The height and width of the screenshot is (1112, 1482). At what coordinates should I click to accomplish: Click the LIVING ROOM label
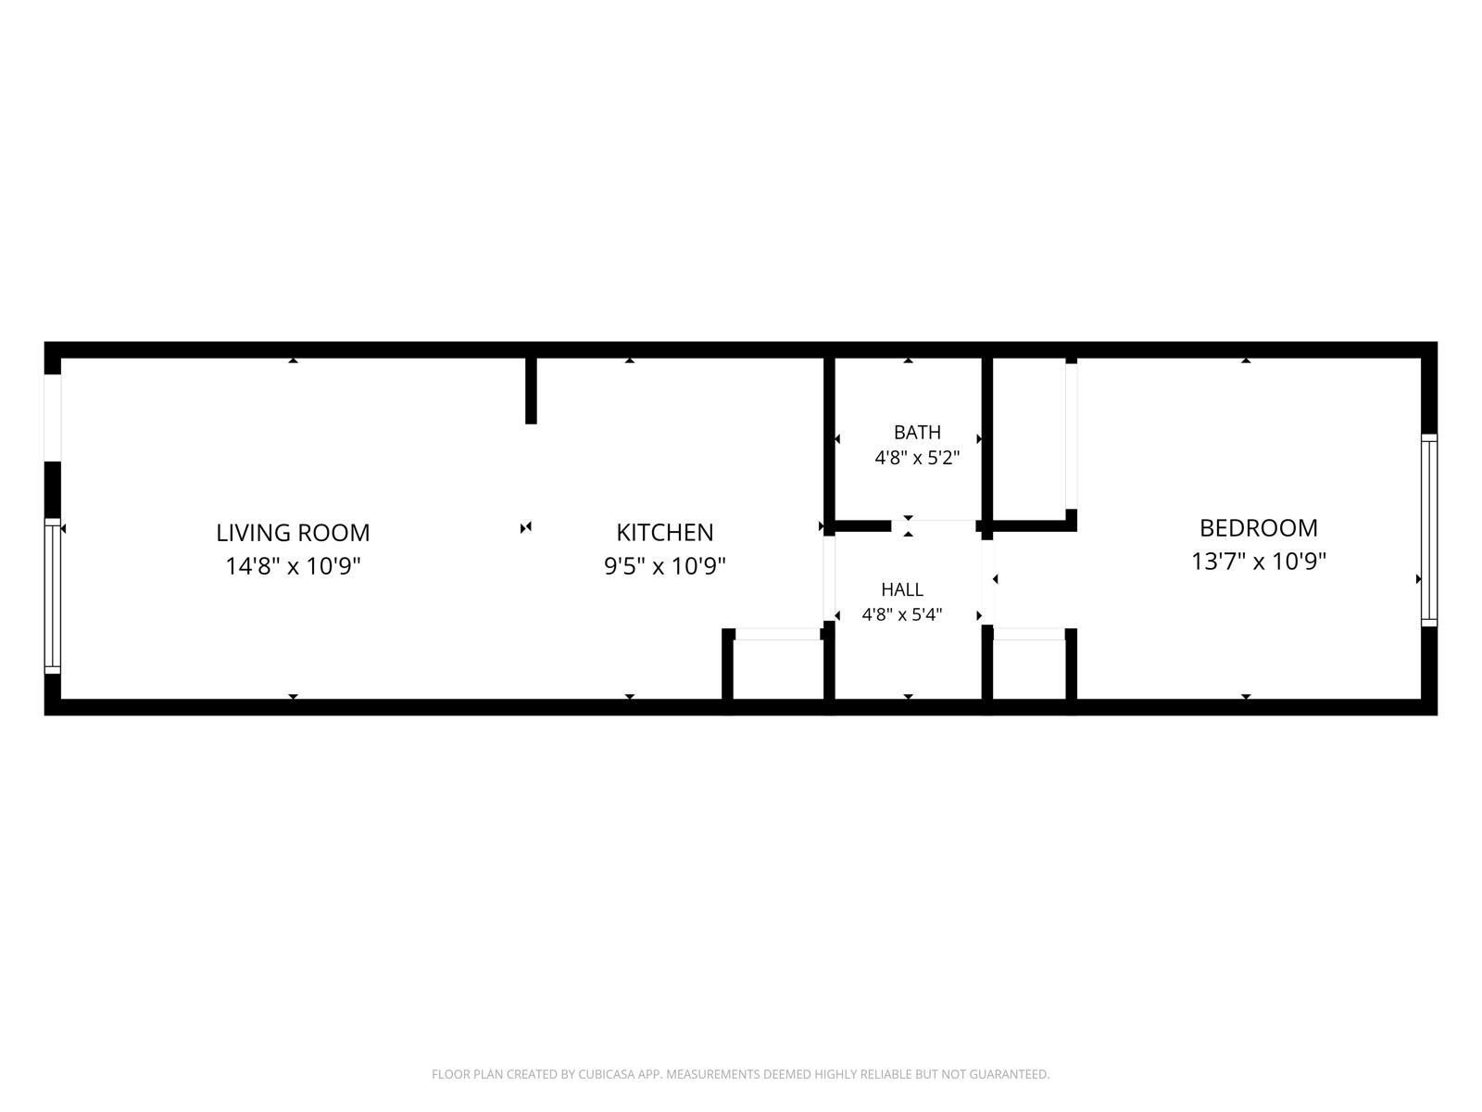(x=293, y=533)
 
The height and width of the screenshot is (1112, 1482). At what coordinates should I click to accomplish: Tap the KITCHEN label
(x=664, y=533)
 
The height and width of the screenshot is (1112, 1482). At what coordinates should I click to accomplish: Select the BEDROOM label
(x=1259, y=528)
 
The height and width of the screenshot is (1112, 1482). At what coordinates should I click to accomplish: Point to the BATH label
(x=917, y=432)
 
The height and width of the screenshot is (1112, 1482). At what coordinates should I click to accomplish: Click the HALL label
(x=902, y=589)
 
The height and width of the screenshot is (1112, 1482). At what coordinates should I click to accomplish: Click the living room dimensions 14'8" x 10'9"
(x=293, y=566)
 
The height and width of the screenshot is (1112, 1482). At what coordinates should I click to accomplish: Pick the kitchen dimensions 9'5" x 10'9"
(x=664, y=566)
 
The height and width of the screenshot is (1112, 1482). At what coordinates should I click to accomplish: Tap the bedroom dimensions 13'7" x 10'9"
(x=1259, y=561)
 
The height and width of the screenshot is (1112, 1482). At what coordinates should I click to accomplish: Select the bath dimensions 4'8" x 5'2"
(x=917, y=458)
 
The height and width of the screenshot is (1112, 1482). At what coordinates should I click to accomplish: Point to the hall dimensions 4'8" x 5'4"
(x=902, y=614)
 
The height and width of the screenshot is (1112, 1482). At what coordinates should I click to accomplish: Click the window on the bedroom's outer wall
(x=1428, y=531)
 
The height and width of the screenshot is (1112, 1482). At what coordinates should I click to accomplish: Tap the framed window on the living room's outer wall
(x=53, y=596)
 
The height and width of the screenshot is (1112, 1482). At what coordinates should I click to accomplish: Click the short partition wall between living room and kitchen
(x=532, y=391)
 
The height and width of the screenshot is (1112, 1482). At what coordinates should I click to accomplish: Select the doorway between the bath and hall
(x=933, y=526)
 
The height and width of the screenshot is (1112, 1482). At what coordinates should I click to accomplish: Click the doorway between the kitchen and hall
(x=829, y=578)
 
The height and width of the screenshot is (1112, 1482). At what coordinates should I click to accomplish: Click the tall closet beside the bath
(x=1030, y=439)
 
